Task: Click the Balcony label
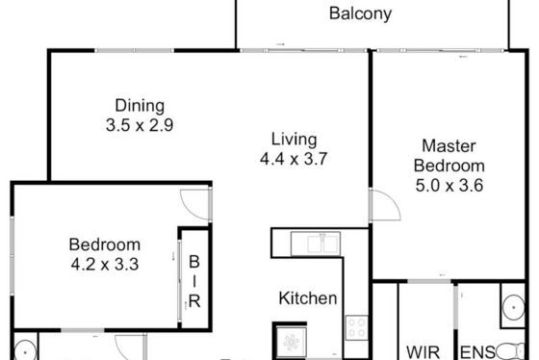pyautogui.click(x=360, y=13)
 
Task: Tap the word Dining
pyautogui.click(x=140, y=106)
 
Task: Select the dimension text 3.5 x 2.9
pyautogui.click(x=140, y=125)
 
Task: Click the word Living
pyautogui.click(x=294, y=140)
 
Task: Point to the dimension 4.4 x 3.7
pyautogui.click(x=294, y=159)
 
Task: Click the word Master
pyautogui.click(x=449, y=145)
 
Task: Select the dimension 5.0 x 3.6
pyautogui.click(x=449, y=186)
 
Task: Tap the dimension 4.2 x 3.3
pyautogui.click(x=105, y=264)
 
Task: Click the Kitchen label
pyautogui.click(x=308, y=298)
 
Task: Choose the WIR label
pyautogui.click(x=423, y=352)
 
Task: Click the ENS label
pyautogui.click(x=477, y=352)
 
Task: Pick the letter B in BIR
pyautogui.click(x=194, y=262)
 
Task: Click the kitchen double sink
pyautogui.click(x=316, y=244)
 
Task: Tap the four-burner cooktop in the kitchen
pyautogui.click(x=356, y=327)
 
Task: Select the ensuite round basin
pyautogui.click(x=513, y=307)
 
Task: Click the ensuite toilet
pyautogui.click(x=510, y=351)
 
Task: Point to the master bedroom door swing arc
pyautogui.click(x=392, y=200)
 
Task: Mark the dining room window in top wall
pyautogui.click(x=135, y=51)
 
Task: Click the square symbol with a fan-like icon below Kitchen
pyautogui.click(x=291, y=342)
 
